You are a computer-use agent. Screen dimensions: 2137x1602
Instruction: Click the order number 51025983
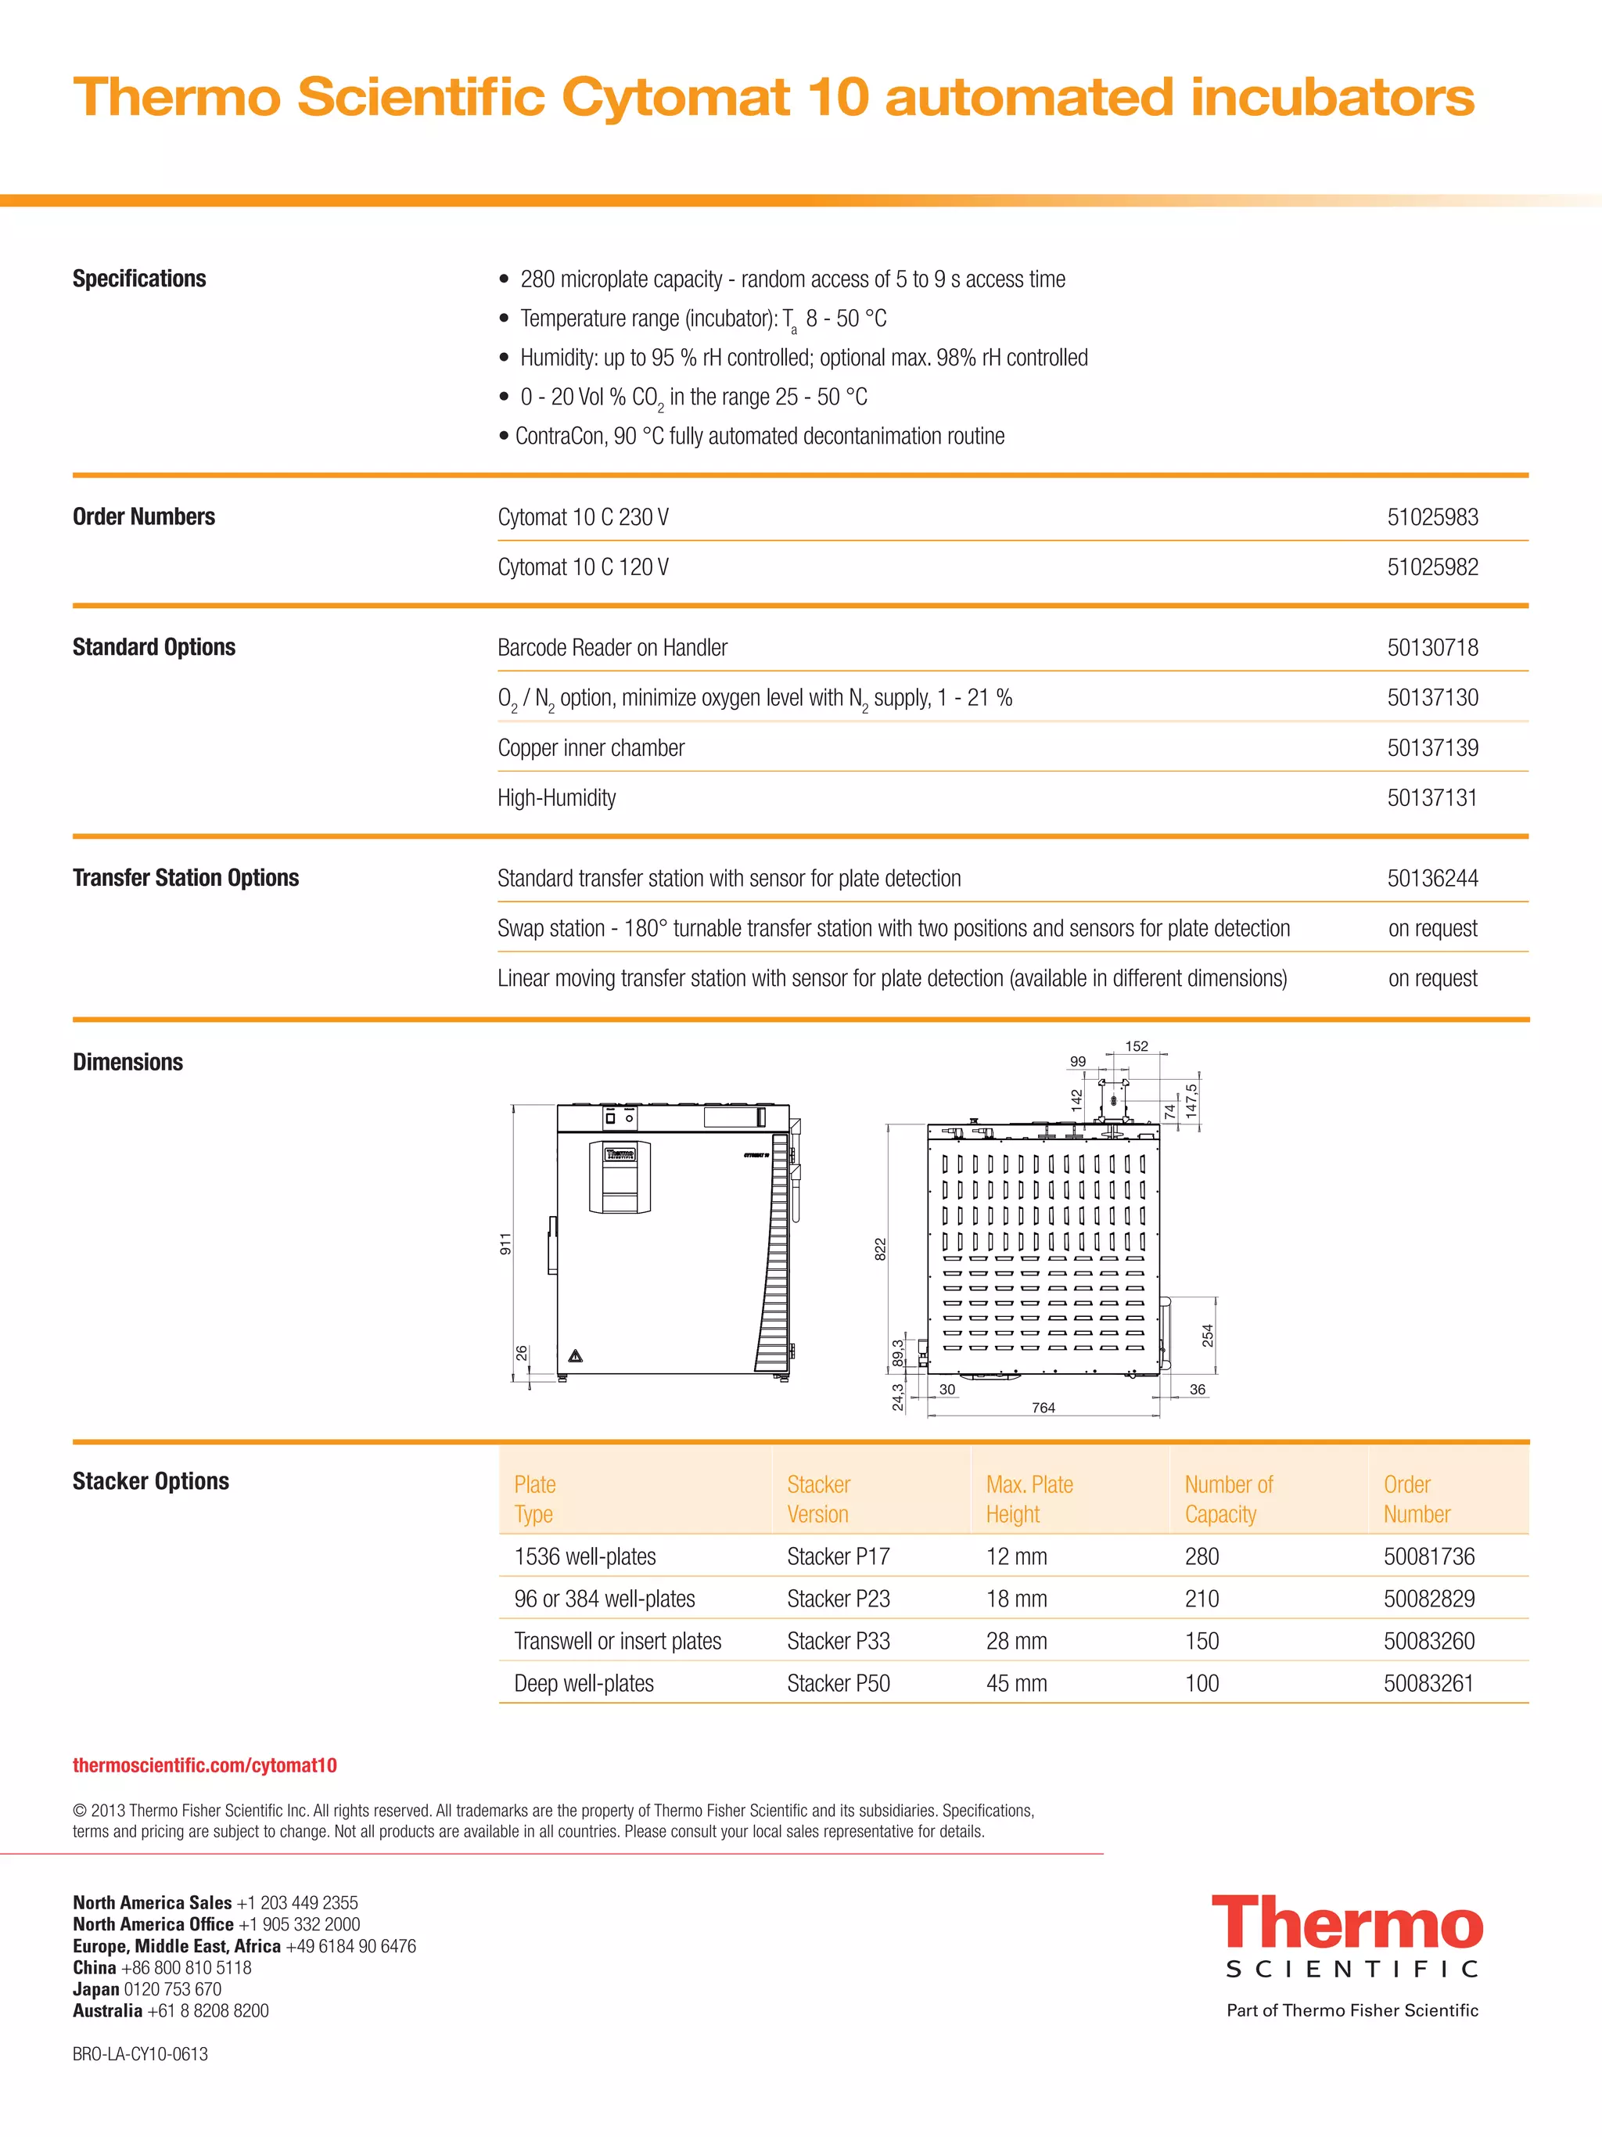point(1432,517)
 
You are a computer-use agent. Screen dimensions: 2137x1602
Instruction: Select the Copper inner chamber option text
point(591,748)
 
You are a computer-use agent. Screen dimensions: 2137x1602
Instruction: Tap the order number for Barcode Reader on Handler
point(1432,647)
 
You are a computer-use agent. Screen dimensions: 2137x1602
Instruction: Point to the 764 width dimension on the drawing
point(1043,1408)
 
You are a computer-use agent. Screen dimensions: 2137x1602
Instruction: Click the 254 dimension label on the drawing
point(1207,1335)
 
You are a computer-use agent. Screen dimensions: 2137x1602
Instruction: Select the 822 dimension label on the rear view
point(880,1249)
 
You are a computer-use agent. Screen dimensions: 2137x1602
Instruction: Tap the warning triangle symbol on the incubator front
point(576,1356)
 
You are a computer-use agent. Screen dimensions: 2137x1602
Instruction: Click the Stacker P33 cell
point(839,1640)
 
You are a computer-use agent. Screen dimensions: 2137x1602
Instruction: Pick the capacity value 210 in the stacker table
point(1201,1599)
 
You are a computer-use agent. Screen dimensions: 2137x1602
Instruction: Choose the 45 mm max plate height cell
point(1016,1683)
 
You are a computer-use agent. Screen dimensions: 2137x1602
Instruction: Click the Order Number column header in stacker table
point(1416,1499)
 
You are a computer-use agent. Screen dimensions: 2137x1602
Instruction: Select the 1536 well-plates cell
point(584,1556)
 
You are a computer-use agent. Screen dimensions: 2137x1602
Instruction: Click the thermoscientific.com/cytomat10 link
point(205,1765)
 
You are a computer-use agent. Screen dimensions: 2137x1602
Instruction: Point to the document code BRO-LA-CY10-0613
point(140,2054)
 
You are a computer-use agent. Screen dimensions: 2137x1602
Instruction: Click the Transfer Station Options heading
point(185,877)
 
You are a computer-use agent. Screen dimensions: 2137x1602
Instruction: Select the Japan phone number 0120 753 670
point(172,1989)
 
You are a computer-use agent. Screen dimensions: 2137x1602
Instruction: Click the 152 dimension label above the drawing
point(1137,1046)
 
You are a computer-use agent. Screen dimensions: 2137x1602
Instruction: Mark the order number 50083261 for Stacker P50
point(1428,1683)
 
